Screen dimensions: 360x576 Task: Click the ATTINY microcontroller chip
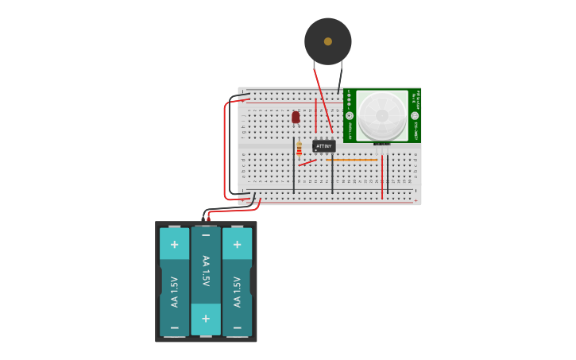click(x=323, y=146)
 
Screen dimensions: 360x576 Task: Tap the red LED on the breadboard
click(x=296, y=118)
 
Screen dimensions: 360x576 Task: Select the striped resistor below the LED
click(x=299, y=149)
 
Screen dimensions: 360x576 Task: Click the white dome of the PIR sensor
click(x=381, y=116)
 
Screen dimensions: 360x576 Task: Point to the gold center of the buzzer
click(x=328, y=41)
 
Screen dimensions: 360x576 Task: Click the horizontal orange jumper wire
click(x=351, y=160)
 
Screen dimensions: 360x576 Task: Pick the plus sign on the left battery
click(x=174, y=244)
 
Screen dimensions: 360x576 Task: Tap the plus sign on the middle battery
click(x=206, y=318)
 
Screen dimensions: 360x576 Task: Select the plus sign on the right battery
click(x=237, y=244)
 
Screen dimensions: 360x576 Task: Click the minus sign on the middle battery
click(x=206, y=235)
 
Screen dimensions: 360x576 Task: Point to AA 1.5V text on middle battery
click(x=206, y=271)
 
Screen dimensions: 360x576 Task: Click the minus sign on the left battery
click(x=174, y=327)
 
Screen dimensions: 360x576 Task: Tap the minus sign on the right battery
click(x=237, y=327)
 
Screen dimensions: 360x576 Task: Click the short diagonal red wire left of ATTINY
click(x=307, y=163)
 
